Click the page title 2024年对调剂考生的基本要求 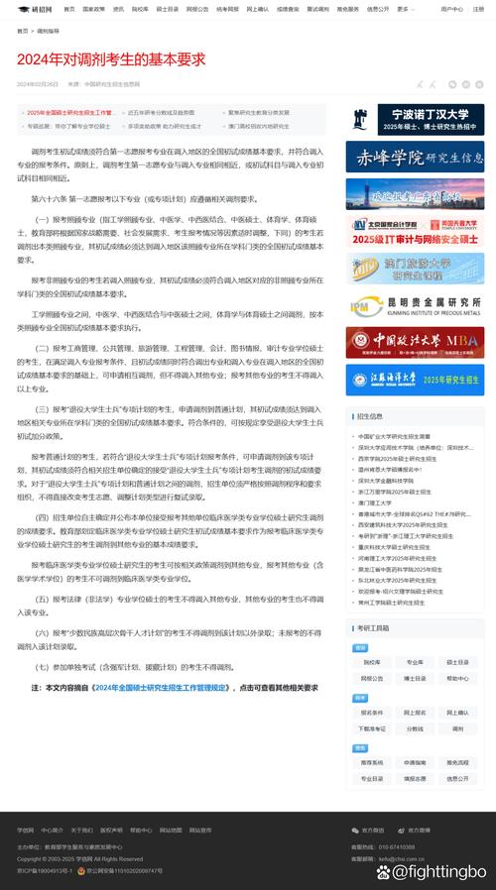click(x=112, y=58)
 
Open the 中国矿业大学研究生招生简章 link click(x=394, y=436)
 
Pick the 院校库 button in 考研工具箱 click(x=372, y=662)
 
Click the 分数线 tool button click(x=415, y=728)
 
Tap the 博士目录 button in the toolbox click(x=415, y=679)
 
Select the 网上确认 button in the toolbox click(x=457, y=713)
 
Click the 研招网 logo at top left click(x=36, y=9)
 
